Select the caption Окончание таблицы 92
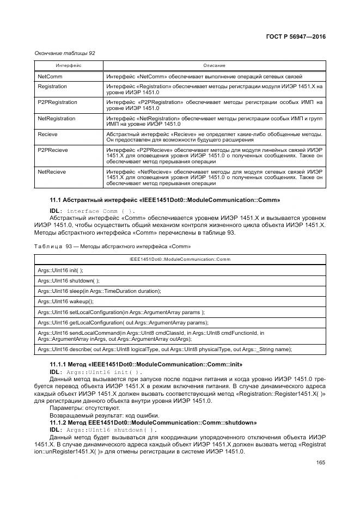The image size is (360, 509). click(x=65, y=53)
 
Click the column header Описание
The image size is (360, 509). click(x=214, y=65)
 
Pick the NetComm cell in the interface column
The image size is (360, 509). click(x=50, y=77)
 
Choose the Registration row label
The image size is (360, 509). click(x=52, y=87)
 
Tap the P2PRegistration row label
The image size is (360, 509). click(x=57, y=102)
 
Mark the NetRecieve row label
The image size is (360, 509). click(x=52, y=171)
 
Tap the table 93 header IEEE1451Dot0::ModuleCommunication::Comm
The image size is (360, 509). click(x=180, y=260)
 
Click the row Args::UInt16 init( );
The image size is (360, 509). click(x=60, y=270)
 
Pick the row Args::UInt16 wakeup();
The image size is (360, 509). click(x=65, y=301)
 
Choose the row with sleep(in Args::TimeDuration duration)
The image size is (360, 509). click(x=99, y=291)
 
